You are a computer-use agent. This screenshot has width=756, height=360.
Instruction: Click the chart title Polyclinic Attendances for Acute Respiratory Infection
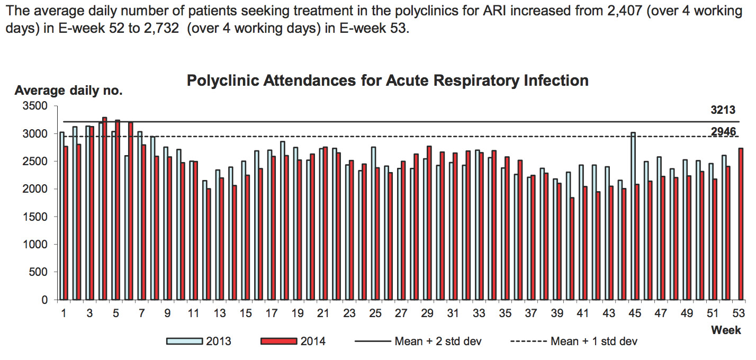[388, 81]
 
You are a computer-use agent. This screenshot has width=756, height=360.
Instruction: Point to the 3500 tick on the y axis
[35, 106]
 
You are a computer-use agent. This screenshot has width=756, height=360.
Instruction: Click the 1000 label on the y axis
[35, 245]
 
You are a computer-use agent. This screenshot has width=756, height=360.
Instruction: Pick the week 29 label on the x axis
[427, 313]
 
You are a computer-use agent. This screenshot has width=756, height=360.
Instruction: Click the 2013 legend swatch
[185, 341]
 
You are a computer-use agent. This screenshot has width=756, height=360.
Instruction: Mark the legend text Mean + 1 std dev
[594, 341]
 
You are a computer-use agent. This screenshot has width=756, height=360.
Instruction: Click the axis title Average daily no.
[68, 91]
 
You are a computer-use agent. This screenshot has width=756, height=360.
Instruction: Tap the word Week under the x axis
[725, 330]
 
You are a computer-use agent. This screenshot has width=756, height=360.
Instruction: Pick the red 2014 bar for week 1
[66, 223]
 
